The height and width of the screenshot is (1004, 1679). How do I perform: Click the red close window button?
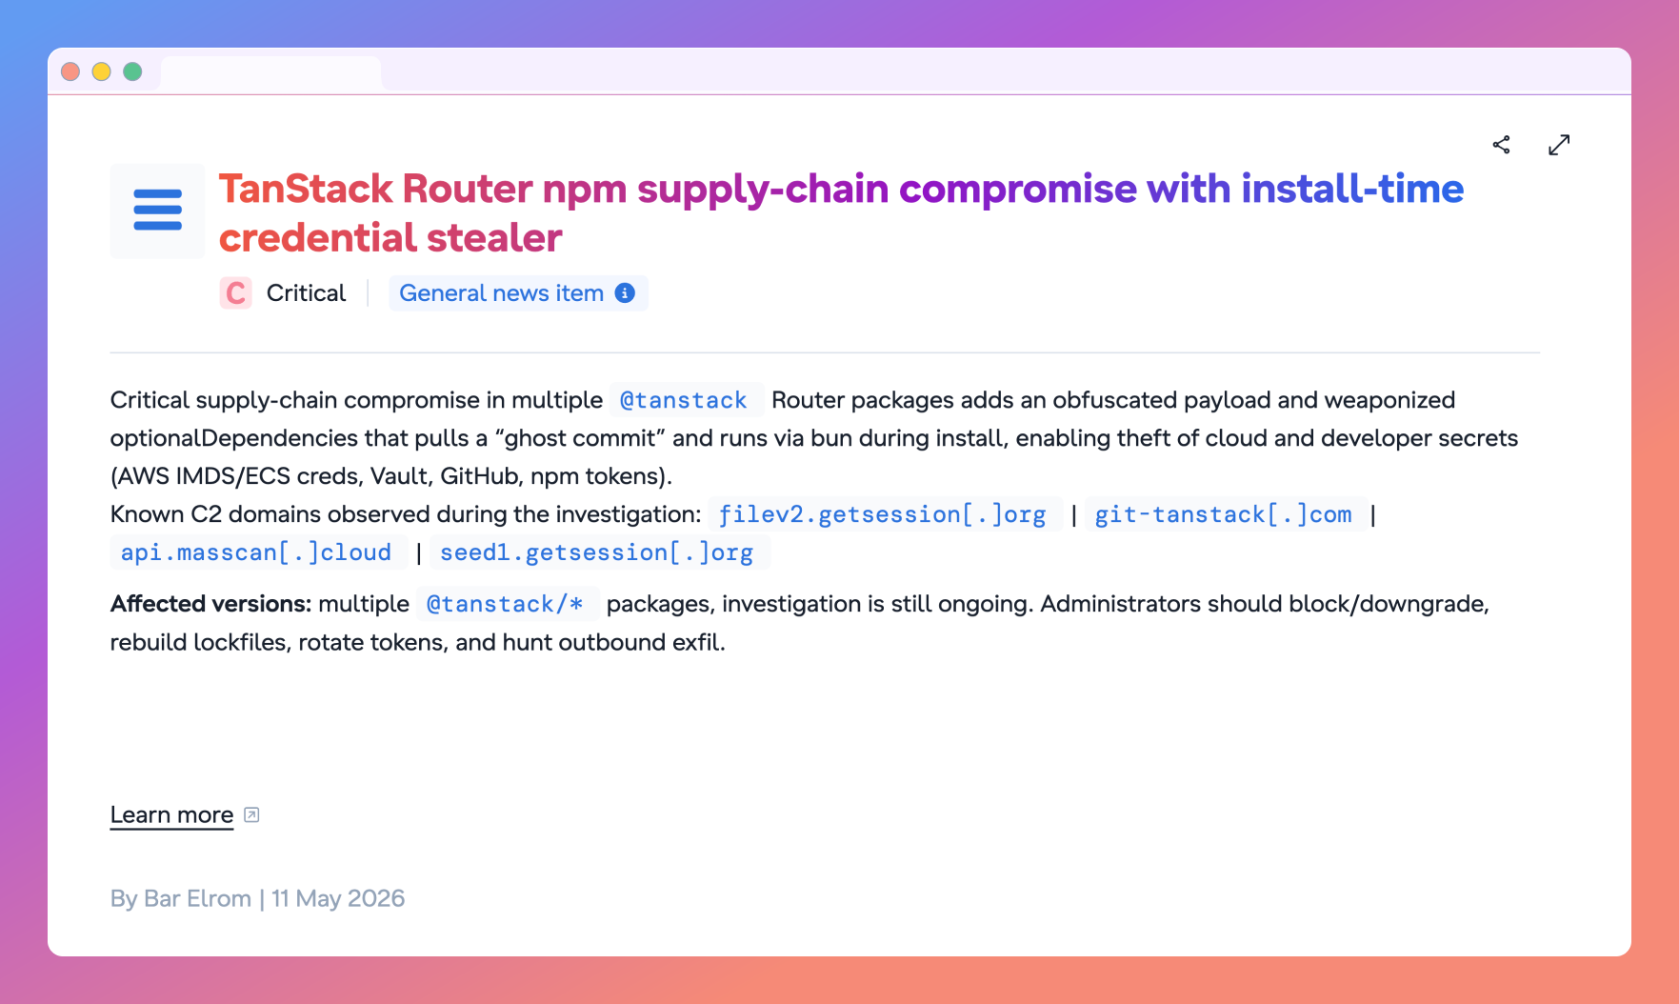click(x=70, y=71)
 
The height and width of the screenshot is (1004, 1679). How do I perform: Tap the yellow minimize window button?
click(x=102, y=71)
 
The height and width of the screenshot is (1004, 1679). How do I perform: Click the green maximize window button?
click(x=133, y=71)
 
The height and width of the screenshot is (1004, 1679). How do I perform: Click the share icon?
click(x=1502, y=145)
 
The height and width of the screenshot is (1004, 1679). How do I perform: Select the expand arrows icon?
click(x=1559, y=145)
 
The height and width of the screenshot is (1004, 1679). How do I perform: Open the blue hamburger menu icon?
click(x=158, y=211)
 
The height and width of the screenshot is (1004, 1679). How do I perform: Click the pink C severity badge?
click(x=236, y=293)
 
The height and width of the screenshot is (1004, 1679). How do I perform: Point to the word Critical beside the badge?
click(x=306, y=293)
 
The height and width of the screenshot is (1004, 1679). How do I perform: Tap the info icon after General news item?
click(x=625, y=293)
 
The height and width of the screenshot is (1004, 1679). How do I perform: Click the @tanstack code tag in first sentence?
click(x=684, y=400)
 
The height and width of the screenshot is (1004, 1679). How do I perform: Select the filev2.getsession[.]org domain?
click(x=883, y=514)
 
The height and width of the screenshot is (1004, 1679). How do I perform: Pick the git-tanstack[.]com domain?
click(x=1224, y=514)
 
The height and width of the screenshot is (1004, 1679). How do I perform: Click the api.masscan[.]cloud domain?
click(x=256, y=552)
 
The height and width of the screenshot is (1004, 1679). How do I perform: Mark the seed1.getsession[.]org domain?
click(x=597, y=552)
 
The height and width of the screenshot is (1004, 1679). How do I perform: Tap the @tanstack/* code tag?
click(x=505, y=604)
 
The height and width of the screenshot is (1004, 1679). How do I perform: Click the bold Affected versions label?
click(x=210, y=604)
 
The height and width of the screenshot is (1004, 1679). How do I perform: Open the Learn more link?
click(x=172, y=815)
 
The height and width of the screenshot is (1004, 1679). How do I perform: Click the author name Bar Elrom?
click(x=198, y=898)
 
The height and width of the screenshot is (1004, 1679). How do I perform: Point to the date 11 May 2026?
click(x=338, y=898)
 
